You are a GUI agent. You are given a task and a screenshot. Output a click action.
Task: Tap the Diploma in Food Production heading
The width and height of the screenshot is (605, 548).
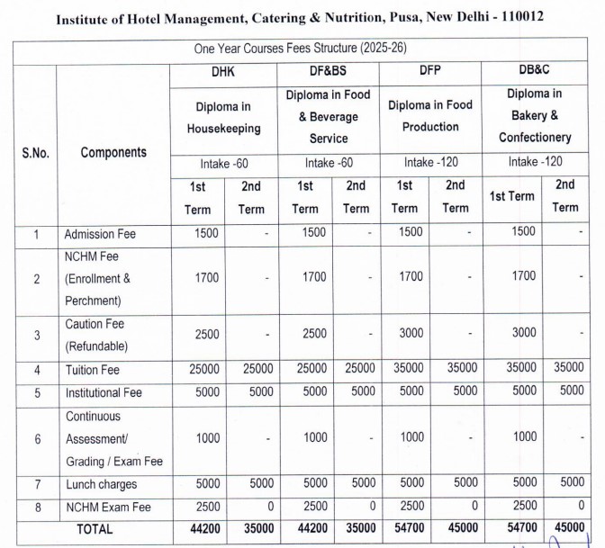430,116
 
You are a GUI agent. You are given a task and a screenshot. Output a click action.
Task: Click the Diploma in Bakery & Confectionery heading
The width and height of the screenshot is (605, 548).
535,115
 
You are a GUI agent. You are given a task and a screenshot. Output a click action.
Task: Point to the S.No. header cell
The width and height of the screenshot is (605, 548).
36,152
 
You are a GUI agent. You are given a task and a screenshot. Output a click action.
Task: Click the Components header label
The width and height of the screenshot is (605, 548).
113,152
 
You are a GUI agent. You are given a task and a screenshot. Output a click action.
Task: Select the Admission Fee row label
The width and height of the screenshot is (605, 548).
100,234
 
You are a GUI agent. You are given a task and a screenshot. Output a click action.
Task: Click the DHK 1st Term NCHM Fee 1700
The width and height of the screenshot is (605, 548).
206,277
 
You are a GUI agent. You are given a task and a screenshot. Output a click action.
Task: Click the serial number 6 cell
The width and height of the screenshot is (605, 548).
36,439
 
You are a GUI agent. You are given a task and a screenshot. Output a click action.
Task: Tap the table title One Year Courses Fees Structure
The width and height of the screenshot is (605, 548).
307,47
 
